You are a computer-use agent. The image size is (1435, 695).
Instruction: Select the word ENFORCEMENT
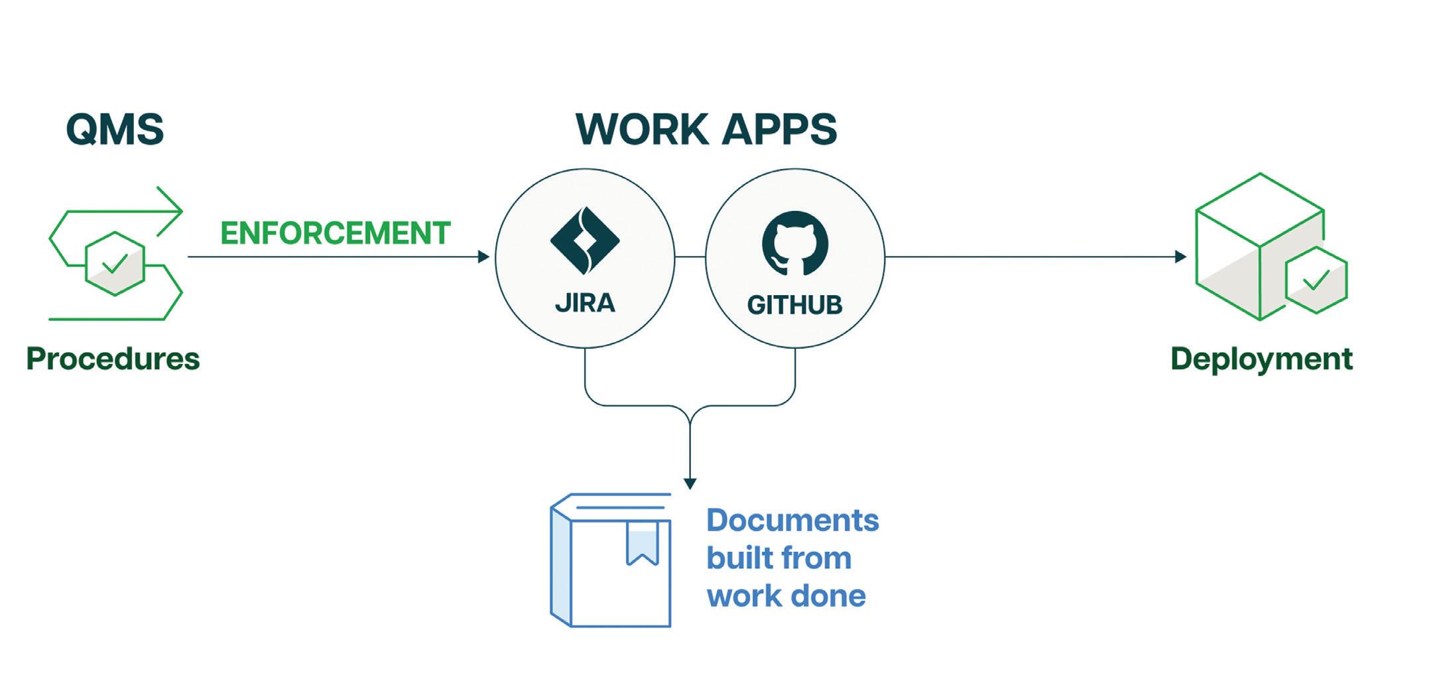click(336, 233)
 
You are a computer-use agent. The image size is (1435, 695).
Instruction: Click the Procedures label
click(113, 359)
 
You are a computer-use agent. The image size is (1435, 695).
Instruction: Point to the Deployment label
click(1261, 359)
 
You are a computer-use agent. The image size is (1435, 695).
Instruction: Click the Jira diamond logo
click(584, 241)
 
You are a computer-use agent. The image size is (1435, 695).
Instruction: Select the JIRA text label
click(585, 303)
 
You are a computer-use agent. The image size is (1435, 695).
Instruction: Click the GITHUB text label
click(794, 305)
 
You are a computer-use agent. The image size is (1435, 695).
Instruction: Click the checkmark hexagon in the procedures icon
click(115, 263)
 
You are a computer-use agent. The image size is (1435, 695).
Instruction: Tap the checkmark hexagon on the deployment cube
click(1316, 280)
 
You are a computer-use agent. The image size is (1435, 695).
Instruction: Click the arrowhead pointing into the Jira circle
click(484, 257)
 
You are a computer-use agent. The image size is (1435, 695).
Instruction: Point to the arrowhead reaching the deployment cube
click(1180, 257)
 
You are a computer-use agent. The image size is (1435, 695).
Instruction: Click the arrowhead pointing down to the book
click(690, 483)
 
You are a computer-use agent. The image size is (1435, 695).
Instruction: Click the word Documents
click(792, 520)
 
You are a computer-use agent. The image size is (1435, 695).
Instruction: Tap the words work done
click(786, 596)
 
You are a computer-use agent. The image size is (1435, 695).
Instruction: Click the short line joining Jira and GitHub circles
click(690, 257)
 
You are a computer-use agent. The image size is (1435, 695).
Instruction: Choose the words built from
click(779, 558)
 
